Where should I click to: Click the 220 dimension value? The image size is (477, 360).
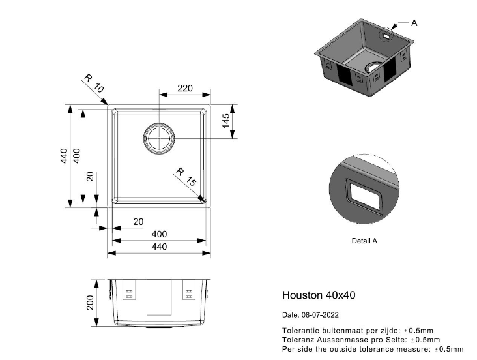[x=185, y=88]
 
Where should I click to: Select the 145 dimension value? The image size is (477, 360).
[x=226, y=121]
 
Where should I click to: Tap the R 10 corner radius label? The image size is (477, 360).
[x=94, y=83]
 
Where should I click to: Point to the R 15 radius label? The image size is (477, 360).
[x=186, y=177]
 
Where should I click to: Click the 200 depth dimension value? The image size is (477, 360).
[x=91, y=303]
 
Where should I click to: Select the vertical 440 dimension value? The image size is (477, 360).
[x=64, y=156]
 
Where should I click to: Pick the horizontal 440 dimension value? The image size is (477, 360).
[x=159, y=247]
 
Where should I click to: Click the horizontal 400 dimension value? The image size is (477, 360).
[x=159, y=234]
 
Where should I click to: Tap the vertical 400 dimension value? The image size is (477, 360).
[x=77, y=156]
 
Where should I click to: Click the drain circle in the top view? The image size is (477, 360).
[x=159, y=138]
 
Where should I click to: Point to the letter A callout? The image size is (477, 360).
[x=414, y=23]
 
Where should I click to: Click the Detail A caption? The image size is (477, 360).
[x=364, y=241]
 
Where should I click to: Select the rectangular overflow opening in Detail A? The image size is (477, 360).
[x=364, y=196]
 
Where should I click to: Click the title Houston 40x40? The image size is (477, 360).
[x=319, y=295]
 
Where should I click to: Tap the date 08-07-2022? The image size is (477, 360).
[x=320, y=315]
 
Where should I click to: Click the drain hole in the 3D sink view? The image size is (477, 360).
[x=373, y=67]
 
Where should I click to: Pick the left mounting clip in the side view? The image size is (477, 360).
[x=129, y=290]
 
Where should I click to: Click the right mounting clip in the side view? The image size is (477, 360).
[x=189, y=290]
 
